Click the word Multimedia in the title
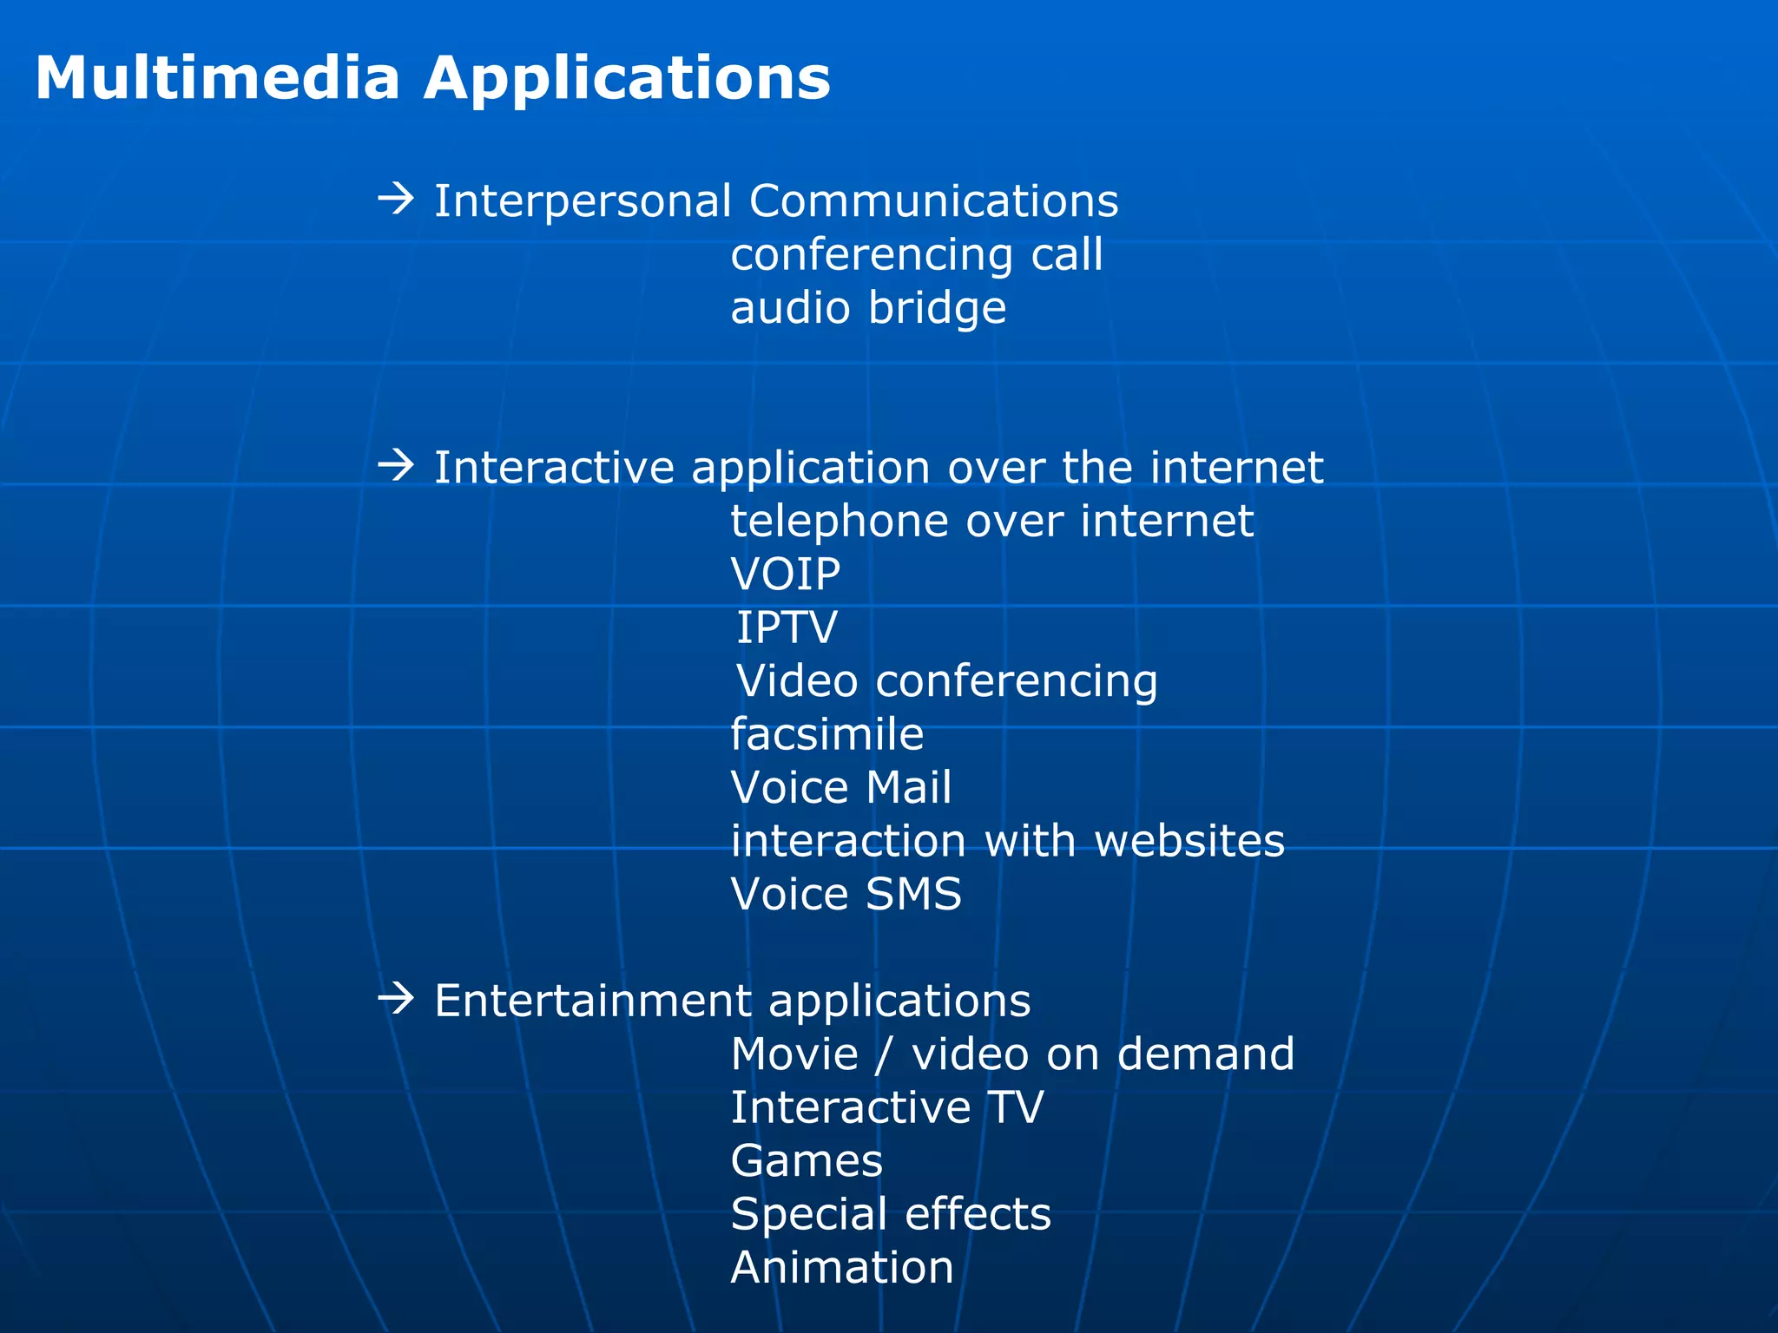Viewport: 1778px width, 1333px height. [x=217, y=78]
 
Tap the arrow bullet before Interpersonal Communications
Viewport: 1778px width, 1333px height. [x=396, y=200]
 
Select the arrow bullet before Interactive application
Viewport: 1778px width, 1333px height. [x=396, y=466]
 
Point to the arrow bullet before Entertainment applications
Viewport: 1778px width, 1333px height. [x=396, y=1000]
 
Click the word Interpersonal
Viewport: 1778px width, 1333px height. [x=583, y=201]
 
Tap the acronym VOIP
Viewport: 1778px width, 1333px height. [x=786, y=575]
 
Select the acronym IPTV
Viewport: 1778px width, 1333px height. [x=787, y=627]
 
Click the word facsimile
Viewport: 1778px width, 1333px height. [x=826, y=734]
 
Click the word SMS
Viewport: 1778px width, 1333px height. [x=913, y=894]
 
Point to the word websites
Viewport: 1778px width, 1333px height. [x=1189, y=841]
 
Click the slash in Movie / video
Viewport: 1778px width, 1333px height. [x=884, y=1054]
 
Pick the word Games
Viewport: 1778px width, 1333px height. [x=807, y=1161]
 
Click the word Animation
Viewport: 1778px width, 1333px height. [x=842, y=1268]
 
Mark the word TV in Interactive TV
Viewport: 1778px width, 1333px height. [x=1015, y=1108]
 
